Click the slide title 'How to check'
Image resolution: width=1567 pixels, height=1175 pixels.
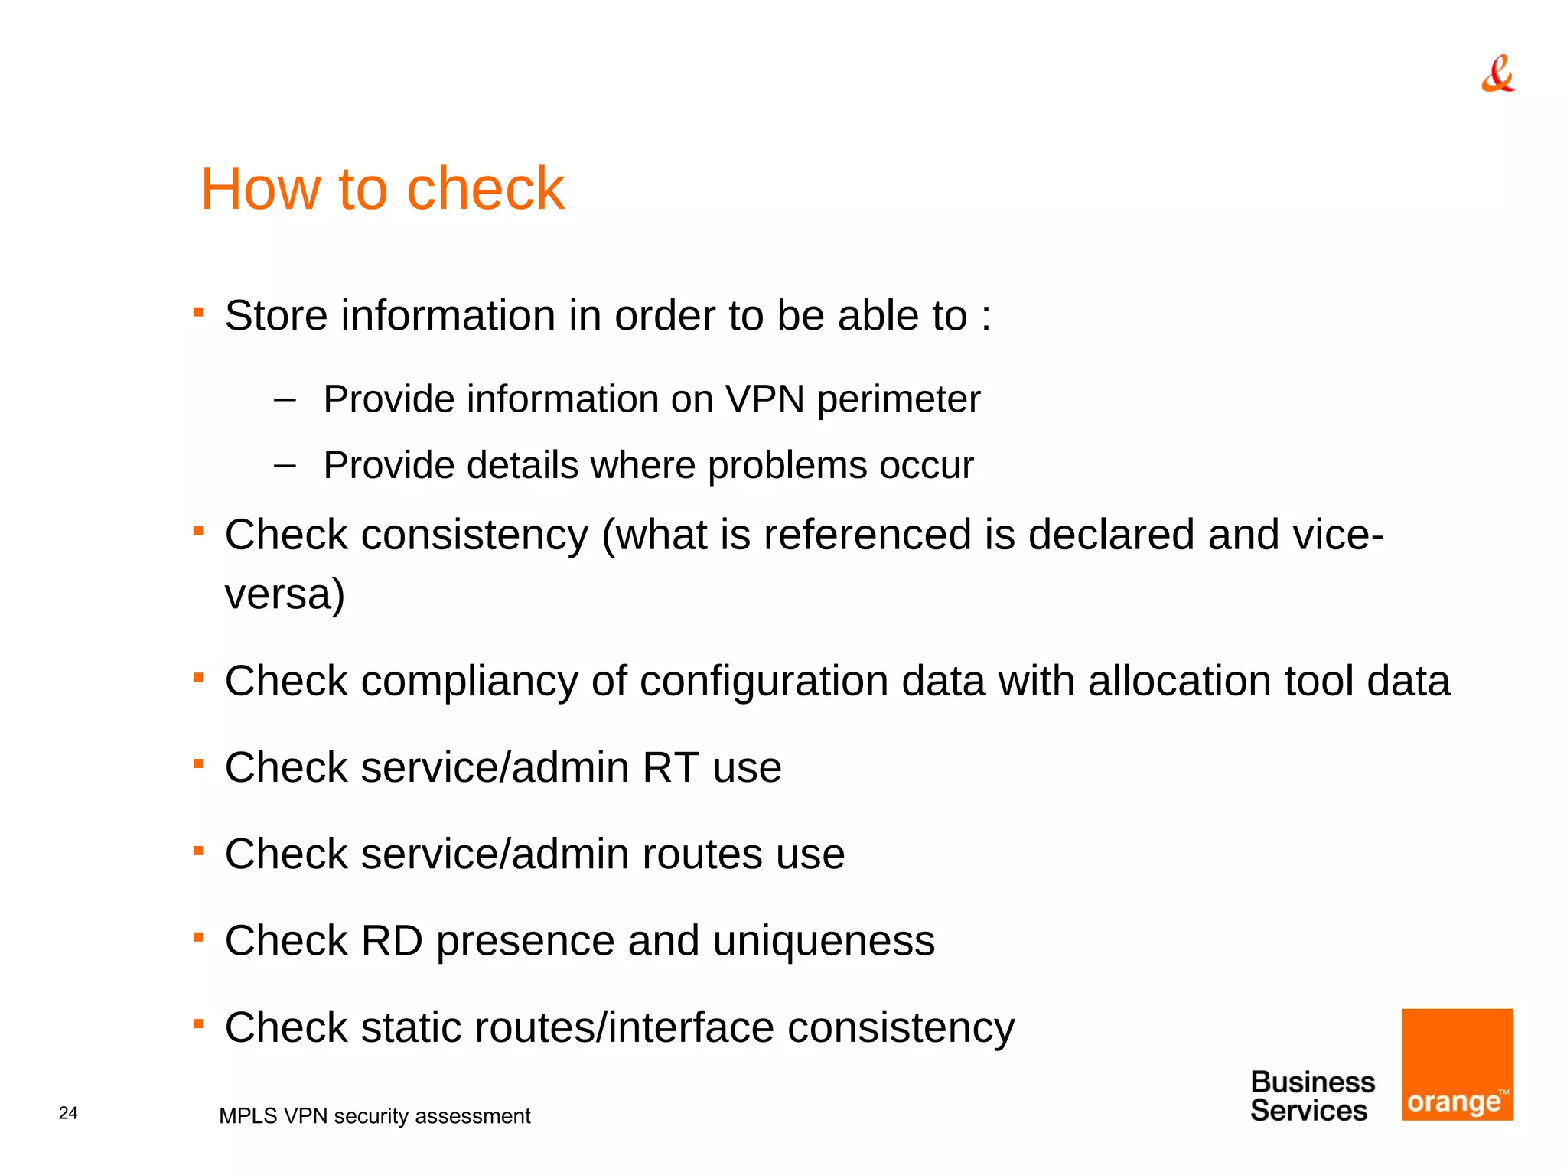(382, 188)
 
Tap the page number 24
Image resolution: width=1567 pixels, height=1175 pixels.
(68, 1113)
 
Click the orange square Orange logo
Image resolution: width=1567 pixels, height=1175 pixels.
(1457, 1064)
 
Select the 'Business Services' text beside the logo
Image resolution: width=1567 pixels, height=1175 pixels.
(1311, 1096)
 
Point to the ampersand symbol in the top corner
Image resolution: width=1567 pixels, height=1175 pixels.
(1497, 74)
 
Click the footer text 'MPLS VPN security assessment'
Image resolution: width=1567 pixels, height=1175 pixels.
(374, 1116)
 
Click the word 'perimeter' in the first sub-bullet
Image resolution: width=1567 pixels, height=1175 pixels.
(898, 399)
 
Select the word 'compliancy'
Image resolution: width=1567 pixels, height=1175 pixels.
(469, 681)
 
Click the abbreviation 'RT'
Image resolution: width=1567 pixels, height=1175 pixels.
(670, 767)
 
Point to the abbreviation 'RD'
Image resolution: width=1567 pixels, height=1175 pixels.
(392, 940)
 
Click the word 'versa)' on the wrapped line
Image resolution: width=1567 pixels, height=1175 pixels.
(285, 594)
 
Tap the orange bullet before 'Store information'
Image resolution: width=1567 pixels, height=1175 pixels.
(198, 312)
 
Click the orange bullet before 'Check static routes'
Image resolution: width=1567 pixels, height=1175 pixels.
(198, 1024)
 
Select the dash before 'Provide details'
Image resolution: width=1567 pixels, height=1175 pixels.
(285, 465)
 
